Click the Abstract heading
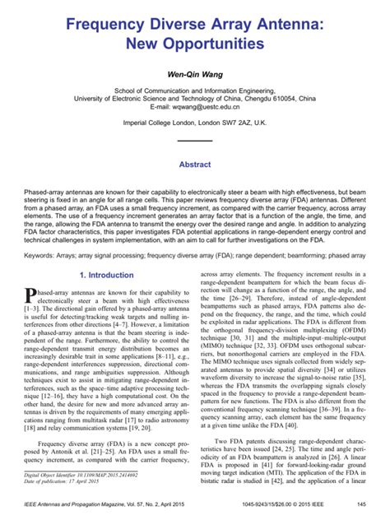tap(194, 165)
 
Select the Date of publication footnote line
tap(73, 483)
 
